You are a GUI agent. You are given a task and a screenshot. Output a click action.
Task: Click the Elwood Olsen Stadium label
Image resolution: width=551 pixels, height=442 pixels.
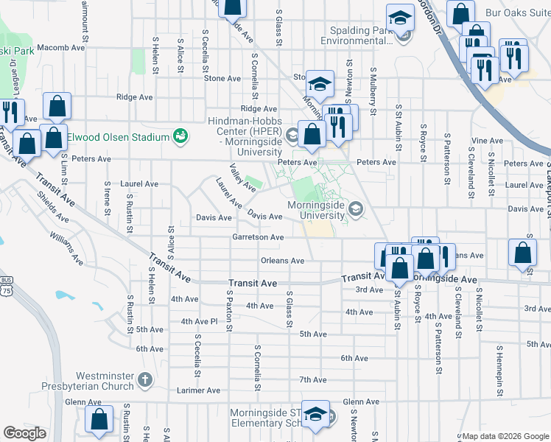[x=118, y=136]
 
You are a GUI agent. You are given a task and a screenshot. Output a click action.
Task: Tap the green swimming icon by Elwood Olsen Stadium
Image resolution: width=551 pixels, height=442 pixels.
[x=179, y=136]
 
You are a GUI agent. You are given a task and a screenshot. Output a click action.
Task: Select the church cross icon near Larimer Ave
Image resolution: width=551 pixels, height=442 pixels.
[x=144, y=381]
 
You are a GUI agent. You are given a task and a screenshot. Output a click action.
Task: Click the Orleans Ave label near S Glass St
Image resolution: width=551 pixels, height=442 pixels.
[x=282, y=261]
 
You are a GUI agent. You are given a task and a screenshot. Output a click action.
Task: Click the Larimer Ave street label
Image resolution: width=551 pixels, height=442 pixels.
[x=200, y=390]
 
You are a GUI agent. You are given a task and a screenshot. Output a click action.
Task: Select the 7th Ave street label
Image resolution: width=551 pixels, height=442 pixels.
[x=312, y=380]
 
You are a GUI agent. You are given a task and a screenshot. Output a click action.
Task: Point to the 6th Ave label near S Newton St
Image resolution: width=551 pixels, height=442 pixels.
[x=354, y=358]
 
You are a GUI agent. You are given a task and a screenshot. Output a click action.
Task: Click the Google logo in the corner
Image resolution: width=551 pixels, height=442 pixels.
[x=24, y=433]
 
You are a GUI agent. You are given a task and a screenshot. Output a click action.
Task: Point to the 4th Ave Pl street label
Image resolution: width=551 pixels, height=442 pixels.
[x=200, y=321]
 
